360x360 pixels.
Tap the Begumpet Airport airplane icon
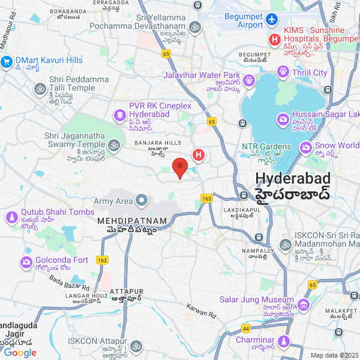coord(272,19)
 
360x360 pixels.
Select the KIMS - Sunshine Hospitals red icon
coord(275,40)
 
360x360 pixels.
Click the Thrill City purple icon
coord(283,73)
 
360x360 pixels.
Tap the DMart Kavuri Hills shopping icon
coord(7,61)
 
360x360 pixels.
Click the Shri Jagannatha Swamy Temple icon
coord(113,145)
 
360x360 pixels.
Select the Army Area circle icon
coord(142,200)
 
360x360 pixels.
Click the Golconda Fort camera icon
coord(26,262)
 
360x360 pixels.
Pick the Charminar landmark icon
coord(283,341)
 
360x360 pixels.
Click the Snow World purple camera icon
coord(306,146)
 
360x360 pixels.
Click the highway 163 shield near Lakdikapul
coord(208,199)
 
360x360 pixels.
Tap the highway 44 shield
coord(246,329)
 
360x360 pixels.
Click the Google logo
coord(20,353)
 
